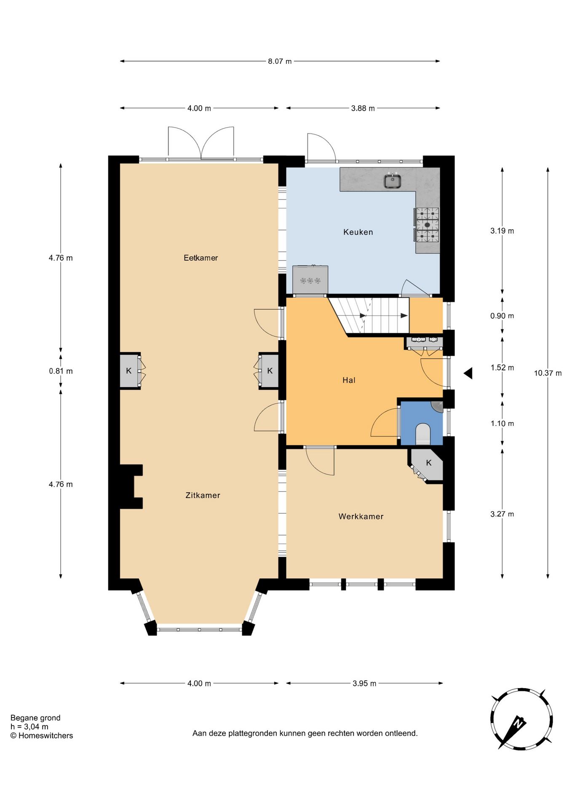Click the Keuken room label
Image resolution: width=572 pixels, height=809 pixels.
point(358,232)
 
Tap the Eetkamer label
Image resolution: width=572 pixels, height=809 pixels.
point(200,258)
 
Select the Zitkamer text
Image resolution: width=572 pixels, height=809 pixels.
point(203,496)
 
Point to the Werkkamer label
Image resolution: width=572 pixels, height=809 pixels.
point(361,517)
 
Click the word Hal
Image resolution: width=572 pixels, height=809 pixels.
point(349,380)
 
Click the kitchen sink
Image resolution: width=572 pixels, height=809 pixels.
point(393,181)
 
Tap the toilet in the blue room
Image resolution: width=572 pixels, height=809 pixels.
point(422,434)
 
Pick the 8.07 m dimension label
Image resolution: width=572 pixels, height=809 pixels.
point(280,62)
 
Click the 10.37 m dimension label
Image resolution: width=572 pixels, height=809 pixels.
point(548,373)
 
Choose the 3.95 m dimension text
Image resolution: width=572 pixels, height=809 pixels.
point(364,683)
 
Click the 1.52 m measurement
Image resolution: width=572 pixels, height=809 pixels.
point(502,368)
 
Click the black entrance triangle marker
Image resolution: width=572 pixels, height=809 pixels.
point(468,373)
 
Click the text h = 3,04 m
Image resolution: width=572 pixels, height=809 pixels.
point(29,727)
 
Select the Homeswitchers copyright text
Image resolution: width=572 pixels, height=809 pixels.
point(42,736)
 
